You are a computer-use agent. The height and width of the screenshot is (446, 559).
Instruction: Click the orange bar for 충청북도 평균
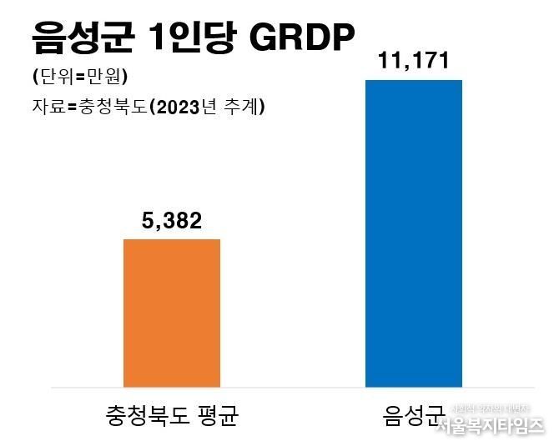click(x=172, y=313)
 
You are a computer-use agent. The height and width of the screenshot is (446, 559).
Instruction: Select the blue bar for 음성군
click(x=414, y=233)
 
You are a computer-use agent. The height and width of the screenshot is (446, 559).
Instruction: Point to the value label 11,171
click(x=414, y=61)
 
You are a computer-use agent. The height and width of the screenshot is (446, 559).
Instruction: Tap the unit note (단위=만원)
click(x=79, y=78)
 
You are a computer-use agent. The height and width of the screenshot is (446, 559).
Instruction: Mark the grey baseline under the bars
click(x=292, y=388)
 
